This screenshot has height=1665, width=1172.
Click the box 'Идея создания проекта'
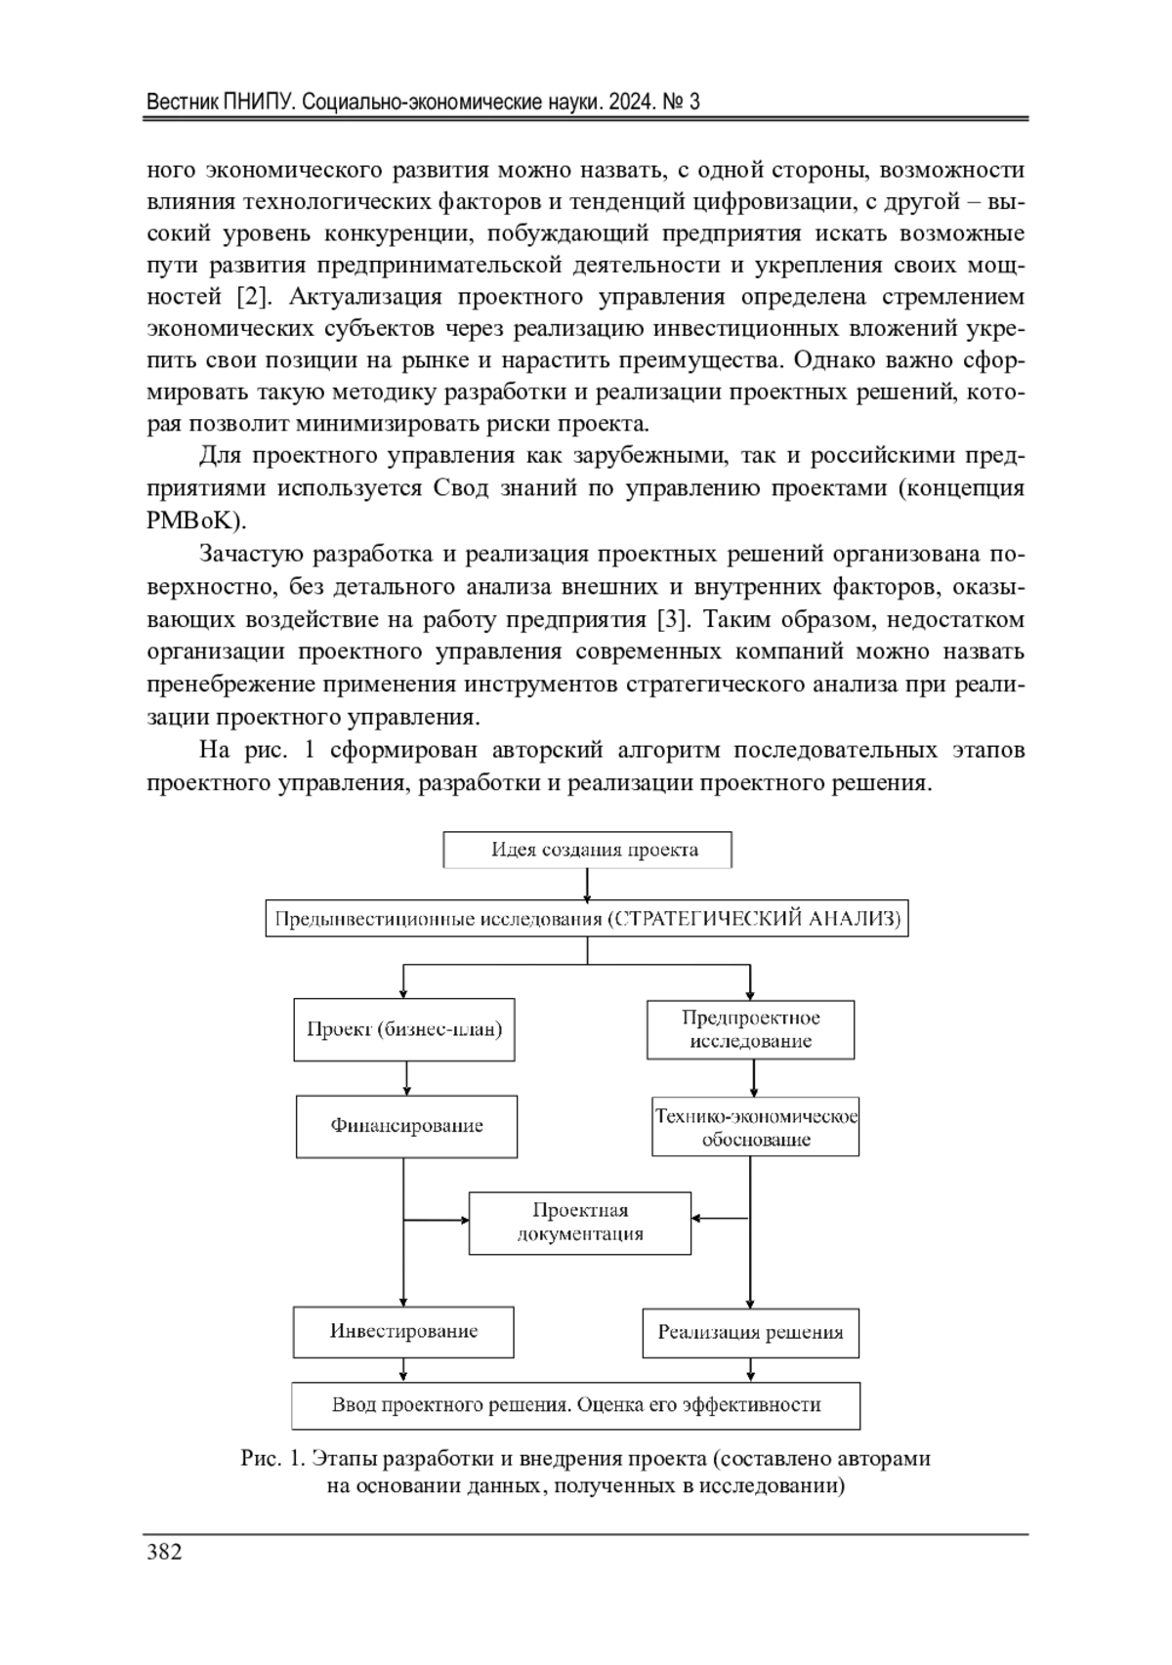(x=587, y=850)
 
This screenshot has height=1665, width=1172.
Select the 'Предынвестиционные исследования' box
(x=586, y=919)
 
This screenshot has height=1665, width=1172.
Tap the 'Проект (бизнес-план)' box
(x=403, y=1028)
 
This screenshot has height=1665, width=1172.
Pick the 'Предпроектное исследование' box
(x=750, y=1029)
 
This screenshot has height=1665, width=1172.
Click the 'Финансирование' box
(x=406, y=1126)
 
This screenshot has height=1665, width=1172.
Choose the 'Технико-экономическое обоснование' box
(x=755, y=1127)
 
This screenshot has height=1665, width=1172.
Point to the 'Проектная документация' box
(x=580, y=1222)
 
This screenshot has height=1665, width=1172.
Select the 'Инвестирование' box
(x=403, y=1331)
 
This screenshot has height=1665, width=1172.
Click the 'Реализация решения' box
(x=750, y=1332)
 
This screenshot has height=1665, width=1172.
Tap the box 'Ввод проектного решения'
(x=576, y=1405)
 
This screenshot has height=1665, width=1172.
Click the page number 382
(x=164, y=1552)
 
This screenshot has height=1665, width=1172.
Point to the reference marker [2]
(x=255, y=297)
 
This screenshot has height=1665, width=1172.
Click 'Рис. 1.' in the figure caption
(x=273, y=1459)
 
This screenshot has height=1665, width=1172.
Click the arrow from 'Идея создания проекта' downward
(x=587, y=885)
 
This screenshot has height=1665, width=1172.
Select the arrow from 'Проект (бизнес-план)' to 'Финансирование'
(x=406, y=1078)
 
